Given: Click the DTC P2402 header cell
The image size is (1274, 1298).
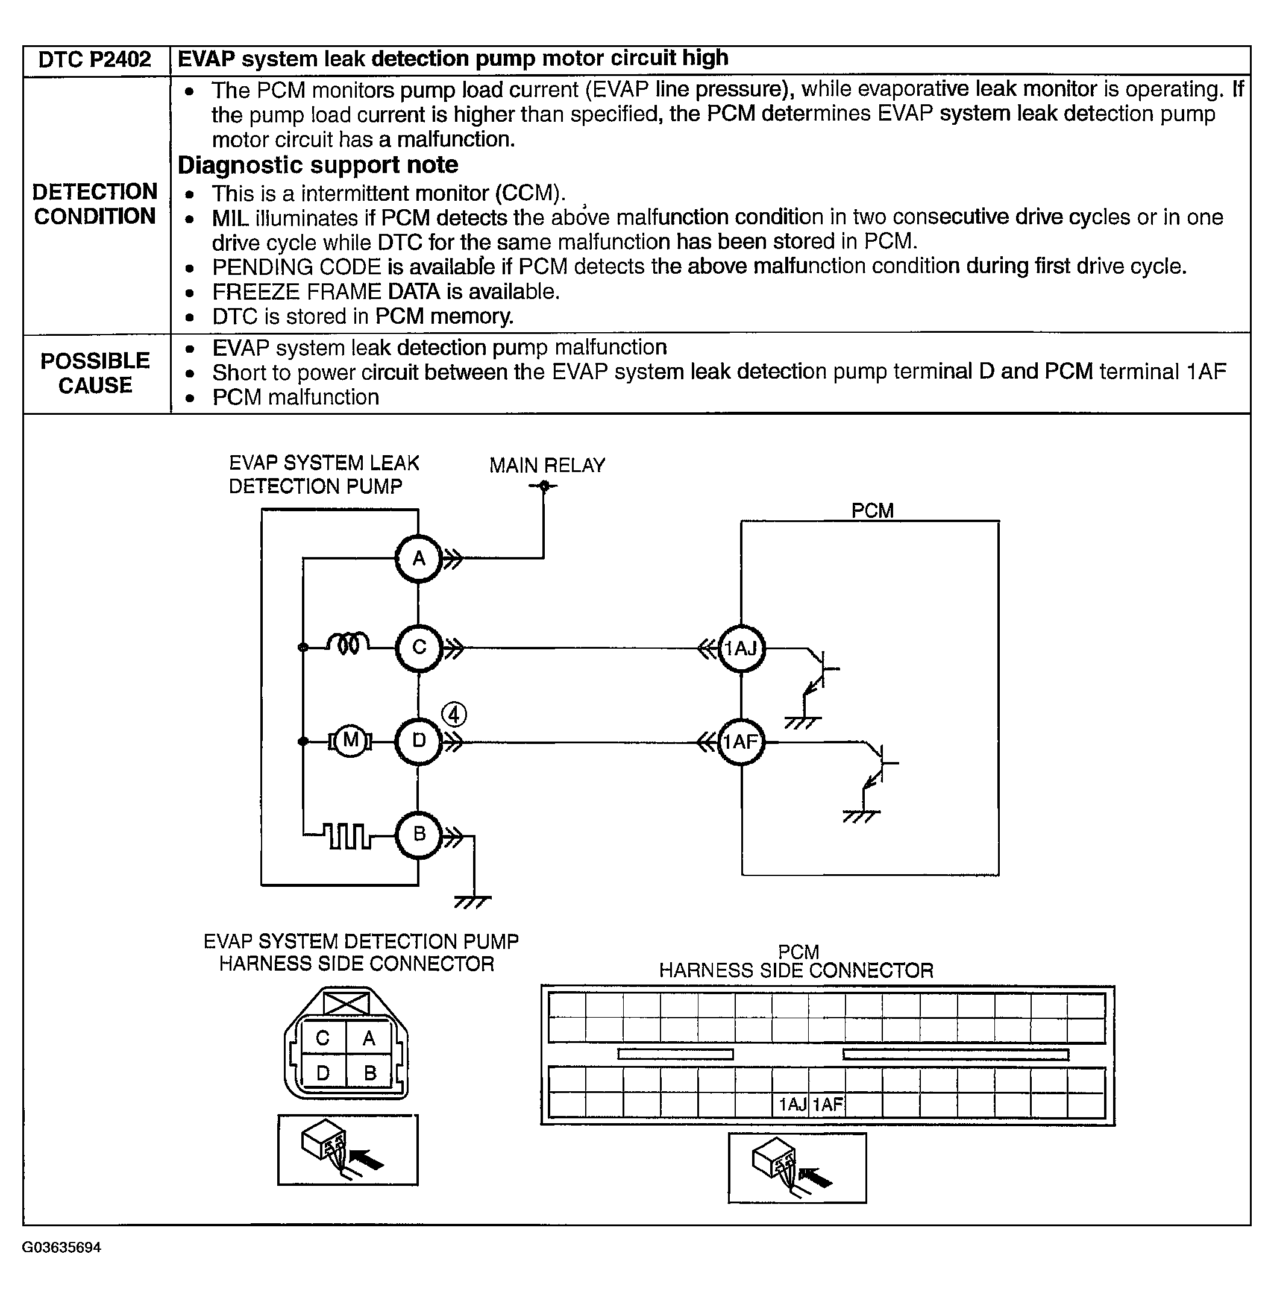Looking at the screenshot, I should click(95, 60).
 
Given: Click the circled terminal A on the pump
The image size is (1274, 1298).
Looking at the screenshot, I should click(419, 558).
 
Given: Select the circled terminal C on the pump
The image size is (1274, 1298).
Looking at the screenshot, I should click(419, 647).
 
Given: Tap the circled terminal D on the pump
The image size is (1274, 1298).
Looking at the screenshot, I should click(419, 741).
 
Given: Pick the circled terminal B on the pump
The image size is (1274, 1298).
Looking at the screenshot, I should click(419, 834).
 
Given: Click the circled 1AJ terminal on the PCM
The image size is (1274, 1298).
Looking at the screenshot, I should click(741, 648).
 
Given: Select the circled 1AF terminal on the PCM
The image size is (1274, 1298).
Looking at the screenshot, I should click(741, 742).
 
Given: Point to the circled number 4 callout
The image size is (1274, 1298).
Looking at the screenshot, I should click(454, 714).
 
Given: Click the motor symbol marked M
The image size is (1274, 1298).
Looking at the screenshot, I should click(350, 740).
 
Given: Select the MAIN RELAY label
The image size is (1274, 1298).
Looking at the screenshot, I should click(547, 465).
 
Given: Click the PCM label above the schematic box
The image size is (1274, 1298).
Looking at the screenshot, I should click(872, 511).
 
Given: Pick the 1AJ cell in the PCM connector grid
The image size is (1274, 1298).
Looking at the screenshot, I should click(791, 1104).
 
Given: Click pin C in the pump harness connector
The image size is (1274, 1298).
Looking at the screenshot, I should click(322, 1038).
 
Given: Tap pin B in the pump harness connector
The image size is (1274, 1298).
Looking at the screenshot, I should click(370, 1073).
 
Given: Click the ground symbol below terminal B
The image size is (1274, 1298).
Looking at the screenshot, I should click(473, 902).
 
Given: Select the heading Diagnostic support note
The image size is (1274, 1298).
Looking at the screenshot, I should click(318, 165).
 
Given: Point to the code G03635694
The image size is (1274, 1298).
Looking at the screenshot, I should click(61, 1247).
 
